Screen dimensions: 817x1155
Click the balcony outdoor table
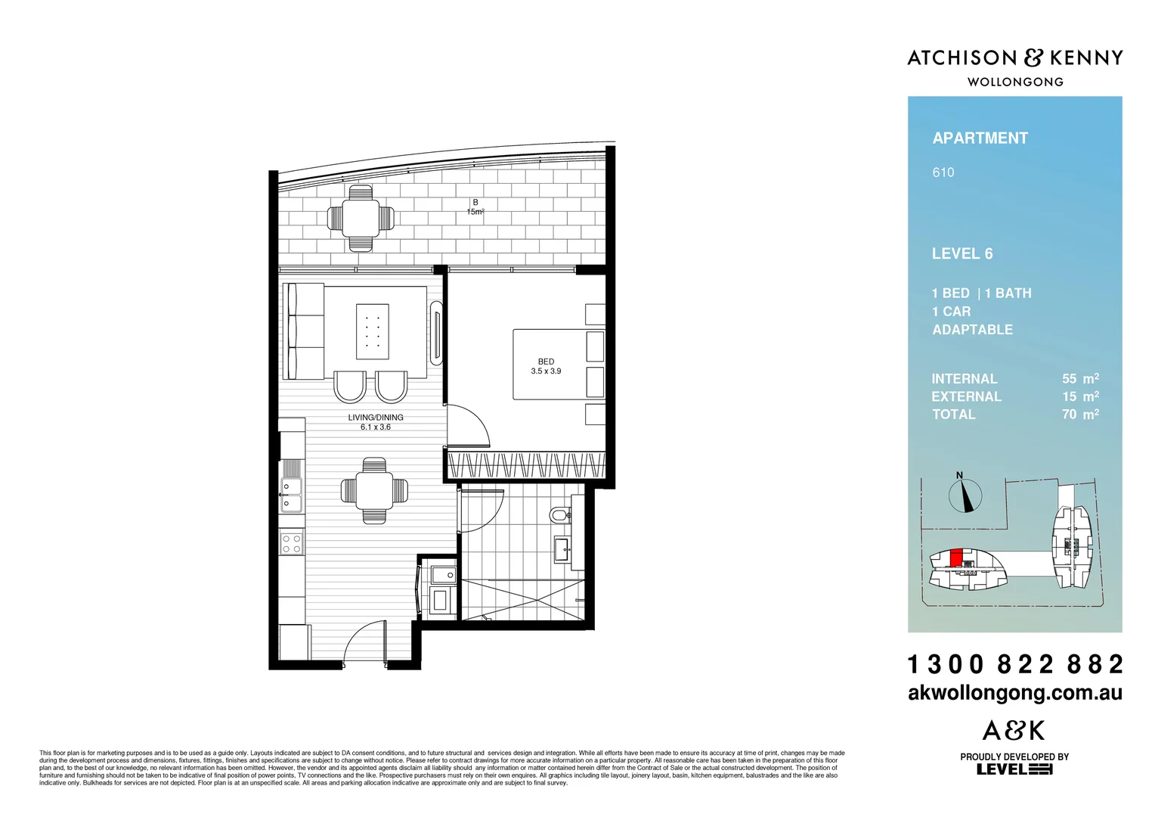tap(361, 218)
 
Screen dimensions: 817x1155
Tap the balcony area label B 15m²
tap(475, 207)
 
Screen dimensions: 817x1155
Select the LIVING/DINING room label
tap(376, 422)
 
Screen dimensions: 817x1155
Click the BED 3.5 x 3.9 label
tap(546, 366)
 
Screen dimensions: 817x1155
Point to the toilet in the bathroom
tap(560, 515)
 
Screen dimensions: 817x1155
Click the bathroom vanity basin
tap(562, 548)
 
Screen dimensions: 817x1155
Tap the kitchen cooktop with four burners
tap(292, 543)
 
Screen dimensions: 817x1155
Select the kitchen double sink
tap(291, 494)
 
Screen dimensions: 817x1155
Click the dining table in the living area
tap(374, 490)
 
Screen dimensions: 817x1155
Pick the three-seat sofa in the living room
tap(305, 331)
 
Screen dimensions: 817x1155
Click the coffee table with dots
tap(373, 331)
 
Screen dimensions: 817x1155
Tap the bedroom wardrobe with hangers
tap(526, 464)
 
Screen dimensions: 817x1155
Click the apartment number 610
tap(943, 172)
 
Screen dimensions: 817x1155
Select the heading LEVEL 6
tap(961, 254)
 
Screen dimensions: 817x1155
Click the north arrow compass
tap(965, 495)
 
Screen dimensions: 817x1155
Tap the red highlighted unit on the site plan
tap(955, 558)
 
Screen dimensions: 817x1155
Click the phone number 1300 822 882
tap(1014, 664)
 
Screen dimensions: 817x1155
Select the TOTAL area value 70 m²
tap(1079, 415)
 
